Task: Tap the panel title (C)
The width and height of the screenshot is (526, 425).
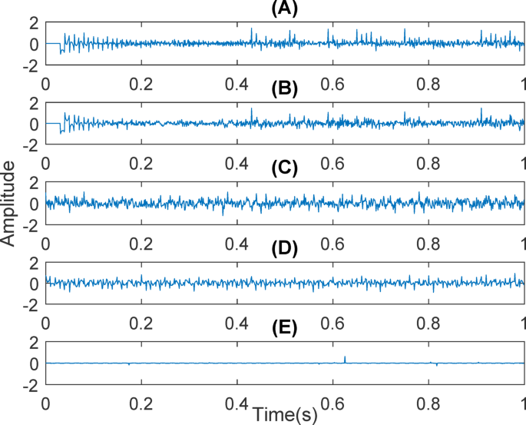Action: (284, 168)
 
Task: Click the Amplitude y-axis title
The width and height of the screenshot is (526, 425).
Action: (8, 208)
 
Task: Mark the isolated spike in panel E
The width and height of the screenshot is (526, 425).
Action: (346, 358)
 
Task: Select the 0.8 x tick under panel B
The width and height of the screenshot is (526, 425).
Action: (427, 163)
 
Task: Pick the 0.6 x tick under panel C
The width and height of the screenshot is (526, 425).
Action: (332, 243)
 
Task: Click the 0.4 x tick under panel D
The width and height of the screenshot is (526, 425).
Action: (237, 323)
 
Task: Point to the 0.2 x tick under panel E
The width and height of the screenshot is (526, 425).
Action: (141, 403)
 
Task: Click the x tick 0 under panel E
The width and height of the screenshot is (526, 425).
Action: (46, 403)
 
